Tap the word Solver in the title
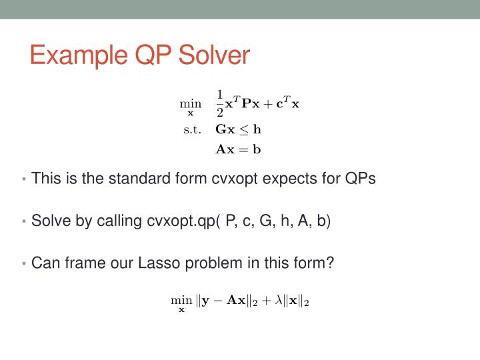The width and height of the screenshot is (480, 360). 213,56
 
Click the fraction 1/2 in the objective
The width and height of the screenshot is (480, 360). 220,104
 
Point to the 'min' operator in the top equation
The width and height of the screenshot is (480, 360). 190,104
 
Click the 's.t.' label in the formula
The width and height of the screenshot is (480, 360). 192,130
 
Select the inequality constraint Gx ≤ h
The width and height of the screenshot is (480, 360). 239,130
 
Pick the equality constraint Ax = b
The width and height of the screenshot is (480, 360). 238,149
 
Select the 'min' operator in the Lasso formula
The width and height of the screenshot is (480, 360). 179,301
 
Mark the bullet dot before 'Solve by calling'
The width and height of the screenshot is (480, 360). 25,221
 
